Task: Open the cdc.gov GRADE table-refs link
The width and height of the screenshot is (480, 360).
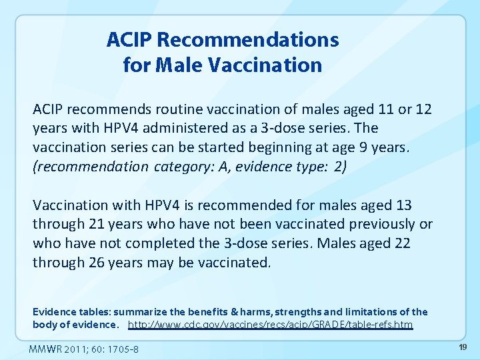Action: [270, 325]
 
